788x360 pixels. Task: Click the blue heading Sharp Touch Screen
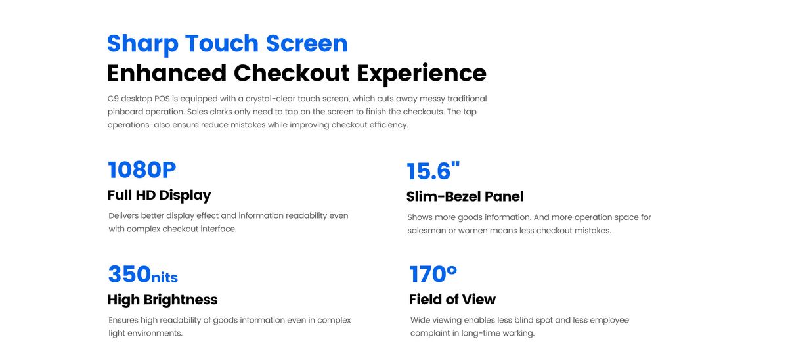point(227,44)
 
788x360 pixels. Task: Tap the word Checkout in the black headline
point(292,73)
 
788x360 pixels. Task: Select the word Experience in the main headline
point(422,74)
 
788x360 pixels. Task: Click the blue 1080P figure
point(142,169)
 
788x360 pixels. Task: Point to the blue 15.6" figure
point(433,171)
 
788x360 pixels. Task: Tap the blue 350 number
point(129,274)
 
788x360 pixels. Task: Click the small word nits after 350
point(165,277)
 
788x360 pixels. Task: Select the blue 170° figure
point(433,274)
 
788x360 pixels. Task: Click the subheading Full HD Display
point(160,195)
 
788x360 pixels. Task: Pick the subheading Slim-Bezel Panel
point(465,196)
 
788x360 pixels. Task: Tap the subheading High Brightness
point(163,300)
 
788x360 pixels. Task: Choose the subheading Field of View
point(452,300)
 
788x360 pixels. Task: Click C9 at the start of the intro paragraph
point(113,99)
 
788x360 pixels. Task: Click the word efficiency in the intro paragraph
point(389,125)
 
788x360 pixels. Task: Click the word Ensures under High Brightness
point(123,320)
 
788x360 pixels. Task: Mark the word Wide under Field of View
point(420,320)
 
